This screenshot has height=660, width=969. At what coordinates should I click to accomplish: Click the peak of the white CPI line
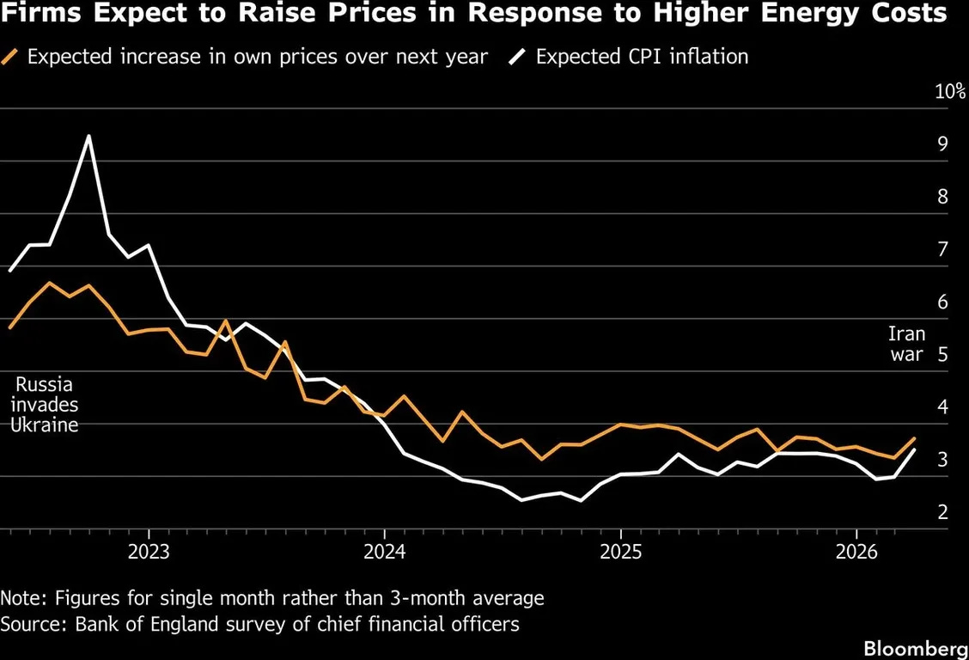pyautogui.click(x=88, y=137)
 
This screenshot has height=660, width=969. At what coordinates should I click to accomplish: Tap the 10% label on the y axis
pyautogui.click(x=950, y=92)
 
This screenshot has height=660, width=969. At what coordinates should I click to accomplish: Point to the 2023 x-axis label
pyautogui.click(x=149, y=550)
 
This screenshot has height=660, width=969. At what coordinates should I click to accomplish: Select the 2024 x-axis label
pyautogui.click(x=384, y=550)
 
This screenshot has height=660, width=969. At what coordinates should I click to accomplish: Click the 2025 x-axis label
pyautogui.click(x=621, y=550)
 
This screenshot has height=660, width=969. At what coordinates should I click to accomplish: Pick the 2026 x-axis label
pyautogui.click(x=857, y=550)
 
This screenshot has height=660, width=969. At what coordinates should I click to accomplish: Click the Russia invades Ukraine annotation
pyautogui.click(x=44, y=405)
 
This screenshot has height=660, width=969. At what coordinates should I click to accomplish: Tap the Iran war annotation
pyautogui.click(x=906, y=344)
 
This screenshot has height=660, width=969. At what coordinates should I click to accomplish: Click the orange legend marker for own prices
pyautogui.click(x=10, y=58)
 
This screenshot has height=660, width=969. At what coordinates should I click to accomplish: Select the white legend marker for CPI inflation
pyautogui.click(x=519, y=58)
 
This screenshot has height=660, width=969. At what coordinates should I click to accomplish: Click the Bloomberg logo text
pyautogui.click(x=916, y=647)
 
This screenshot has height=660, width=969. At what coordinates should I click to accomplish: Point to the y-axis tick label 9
pyautogui.click(x=942, y=144)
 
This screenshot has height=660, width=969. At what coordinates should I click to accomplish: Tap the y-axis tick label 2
pyautogui.click(x=942, y=513)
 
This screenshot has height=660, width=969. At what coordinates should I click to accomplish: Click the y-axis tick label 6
pyautogui.click(x=942, y=302)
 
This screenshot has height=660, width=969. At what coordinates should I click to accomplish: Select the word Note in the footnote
pyautogui.click(x=21, y=597)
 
